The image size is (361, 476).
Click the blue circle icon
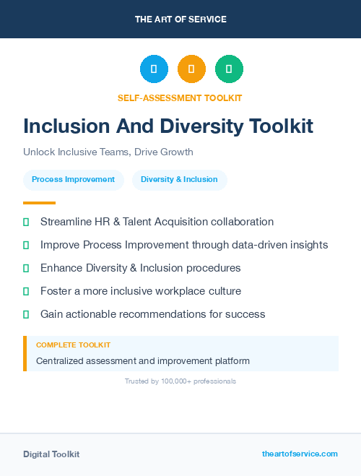(x=154, y=69)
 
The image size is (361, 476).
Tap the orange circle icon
(x=191, y=69)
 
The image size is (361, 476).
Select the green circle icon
(x=229, y=69)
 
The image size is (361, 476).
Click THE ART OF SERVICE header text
(x=180, y=19)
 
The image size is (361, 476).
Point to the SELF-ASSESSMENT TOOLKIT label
(x=180, y=98)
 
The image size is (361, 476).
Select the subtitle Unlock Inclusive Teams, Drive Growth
(x=108, y=152)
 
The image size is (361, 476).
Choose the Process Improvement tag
(x=73, y=179)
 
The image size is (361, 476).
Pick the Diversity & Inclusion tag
(x=179, y=179)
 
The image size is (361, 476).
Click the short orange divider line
(x=39, y=203)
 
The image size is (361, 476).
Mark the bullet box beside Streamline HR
(x=26, y=222)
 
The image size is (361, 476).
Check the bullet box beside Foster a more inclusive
(x=26, y=291)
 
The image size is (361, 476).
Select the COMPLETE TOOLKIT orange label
(x=73, y=345)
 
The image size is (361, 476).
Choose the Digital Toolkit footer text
(x=51, y=454)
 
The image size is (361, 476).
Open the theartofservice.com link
(x=300, y=454)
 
